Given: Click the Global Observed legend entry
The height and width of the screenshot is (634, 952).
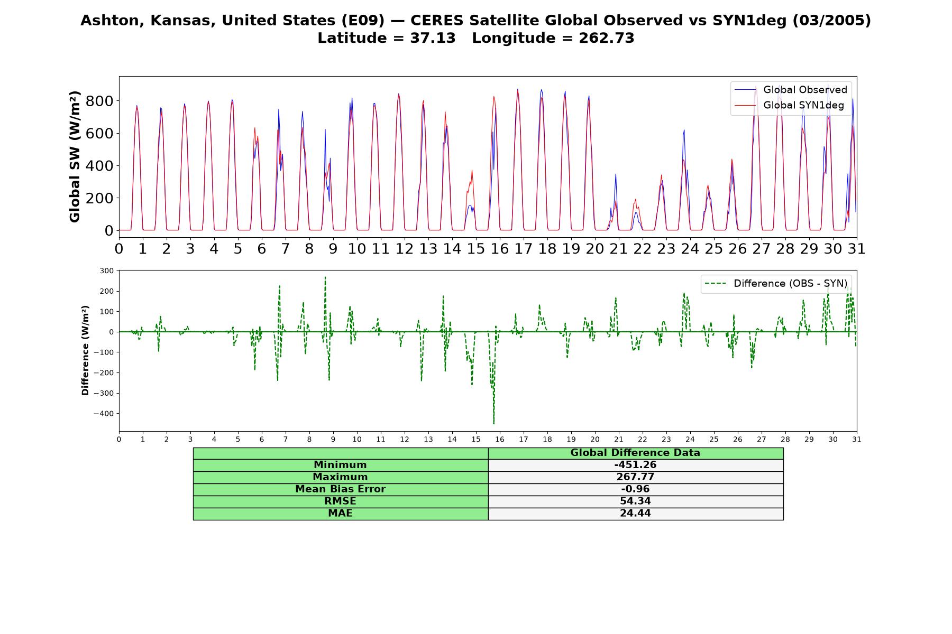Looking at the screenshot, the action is click(791, 90).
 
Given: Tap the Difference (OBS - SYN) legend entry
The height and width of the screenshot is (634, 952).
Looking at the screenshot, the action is click(776, 284).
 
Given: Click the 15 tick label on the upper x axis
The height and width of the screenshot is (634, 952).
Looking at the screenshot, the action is click(475, 248).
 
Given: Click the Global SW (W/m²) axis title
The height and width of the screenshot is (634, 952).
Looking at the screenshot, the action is click(75, 156).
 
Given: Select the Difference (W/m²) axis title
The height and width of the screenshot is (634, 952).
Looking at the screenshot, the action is click(85, 350).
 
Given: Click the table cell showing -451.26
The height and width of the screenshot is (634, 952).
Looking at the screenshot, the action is click(635, 465).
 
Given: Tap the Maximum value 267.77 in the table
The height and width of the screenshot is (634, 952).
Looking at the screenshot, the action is click(635, 477).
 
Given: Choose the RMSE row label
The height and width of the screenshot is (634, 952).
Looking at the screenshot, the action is click(340, 501).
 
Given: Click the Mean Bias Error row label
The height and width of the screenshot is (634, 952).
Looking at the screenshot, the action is click(340, 489).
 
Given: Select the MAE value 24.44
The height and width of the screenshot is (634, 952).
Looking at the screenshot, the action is click(635, 514).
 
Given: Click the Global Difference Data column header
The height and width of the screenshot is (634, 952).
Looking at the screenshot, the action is click(635, 453).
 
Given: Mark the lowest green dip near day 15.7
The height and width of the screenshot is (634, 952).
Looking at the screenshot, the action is click(493, 424).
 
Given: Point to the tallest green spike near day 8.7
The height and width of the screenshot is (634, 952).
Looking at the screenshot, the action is click(325, 277).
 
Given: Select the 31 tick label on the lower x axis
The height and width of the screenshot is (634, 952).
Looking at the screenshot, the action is click(856, 439).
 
